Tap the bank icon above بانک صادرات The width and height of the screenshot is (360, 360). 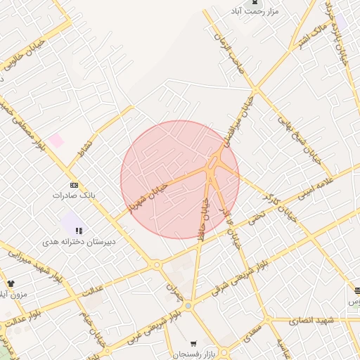point(75,184)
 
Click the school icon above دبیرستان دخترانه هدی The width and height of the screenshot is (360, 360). point(79,230)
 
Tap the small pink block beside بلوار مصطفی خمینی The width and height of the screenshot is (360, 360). point(56,141)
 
